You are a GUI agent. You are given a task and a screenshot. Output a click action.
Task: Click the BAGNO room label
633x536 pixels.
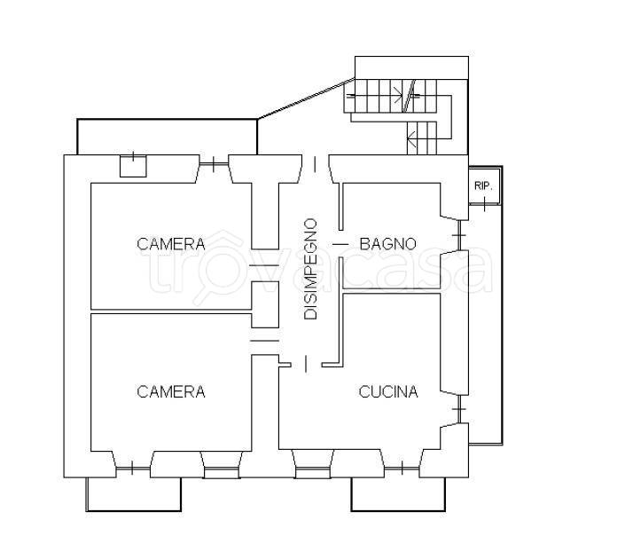(387, 244)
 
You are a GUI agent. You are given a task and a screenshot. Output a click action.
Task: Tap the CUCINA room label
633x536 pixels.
(388, 391)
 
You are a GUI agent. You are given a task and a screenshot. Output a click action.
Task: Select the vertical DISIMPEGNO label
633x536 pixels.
(310, 269)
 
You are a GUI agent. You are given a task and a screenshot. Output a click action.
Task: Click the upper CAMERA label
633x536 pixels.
(171, 244)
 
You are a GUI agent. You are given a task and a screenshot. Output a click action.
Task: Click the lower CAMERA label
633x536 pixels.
(171, 391)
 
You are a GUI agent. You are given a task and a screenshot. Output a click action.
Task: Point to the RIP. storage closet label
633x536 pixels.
(483, 186)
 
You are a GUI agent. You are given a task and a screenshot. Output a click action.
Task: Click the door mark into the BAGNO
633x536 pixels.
(340, 244)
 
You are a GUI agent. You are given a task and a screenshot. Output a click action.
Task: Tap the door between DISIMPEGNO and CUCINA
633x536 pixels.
(306, 364)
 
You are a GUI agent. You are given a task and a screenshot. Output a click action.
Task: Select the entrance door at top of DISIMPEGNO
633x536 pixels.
(316, 164)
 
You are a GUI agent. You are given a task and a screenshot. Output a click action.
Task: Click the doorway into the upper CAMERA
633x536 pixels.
(264, 265)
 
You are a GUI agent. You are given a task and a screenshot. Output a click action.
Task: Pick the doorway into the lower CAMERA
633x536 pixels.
(264, 341)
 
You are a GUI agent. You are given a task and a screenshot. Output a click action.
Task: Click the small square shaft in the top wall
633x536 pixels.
(133, 166)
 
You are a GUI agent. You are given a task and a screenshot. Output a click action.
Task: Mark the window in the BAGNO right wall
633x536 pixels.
(458, 235)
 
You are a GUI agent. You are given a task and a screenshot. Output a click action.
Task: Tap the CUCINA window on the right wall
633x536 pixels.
(458, 409)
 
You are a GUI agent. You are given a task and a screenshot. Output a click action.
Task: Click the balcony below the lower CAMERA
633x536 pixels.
(133, 494)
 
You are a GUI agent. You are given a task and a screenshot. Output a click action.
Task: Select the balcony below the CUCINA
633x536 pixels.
(398, 494)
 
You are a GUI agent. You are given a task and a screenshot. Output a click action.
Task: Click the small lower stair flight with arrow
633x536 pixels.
(422, 138)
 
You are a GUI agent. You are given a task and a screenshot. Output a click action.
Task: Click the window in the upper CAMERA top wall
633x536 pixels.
(214, 164)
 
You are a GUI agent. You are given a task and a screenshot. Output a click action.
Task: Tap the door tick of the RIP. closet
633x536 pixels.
(484, 205)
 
